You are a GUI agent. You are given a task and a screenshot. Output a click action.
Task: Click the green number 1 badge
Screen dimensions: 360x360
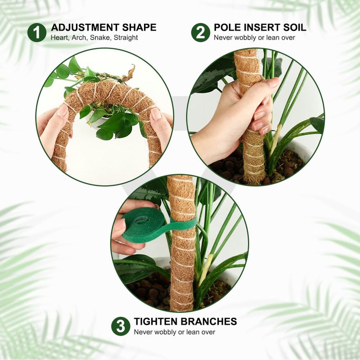pyautogui.click(x=37, y=32)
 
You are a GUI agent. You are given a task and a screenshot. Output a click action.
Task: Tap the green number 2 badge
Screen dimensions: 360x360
pyautogui.click(x=200, y=32)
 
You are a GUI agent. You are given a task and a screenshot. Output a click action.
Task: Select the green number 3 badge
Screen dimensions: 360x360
pyautogui.click(x=121, y=326)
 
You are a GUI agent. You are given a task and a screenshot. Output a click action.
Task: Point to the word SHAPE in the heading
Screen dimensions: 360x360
pyautogui.click(x=141, y=27)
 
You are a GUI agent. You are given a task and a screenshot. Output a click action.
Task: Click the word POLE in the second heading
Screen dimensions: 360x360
pyautogui.click(x=227, y=27)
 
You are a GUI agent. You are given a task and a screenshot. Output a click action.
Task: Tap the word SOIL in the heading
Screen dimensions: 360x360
pyautogui.click(x=293, y=27)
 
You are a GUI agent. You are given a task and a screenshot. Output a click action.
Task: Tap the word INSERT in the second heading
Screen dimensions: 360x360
pyautogui.click(x=258, y=27)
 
